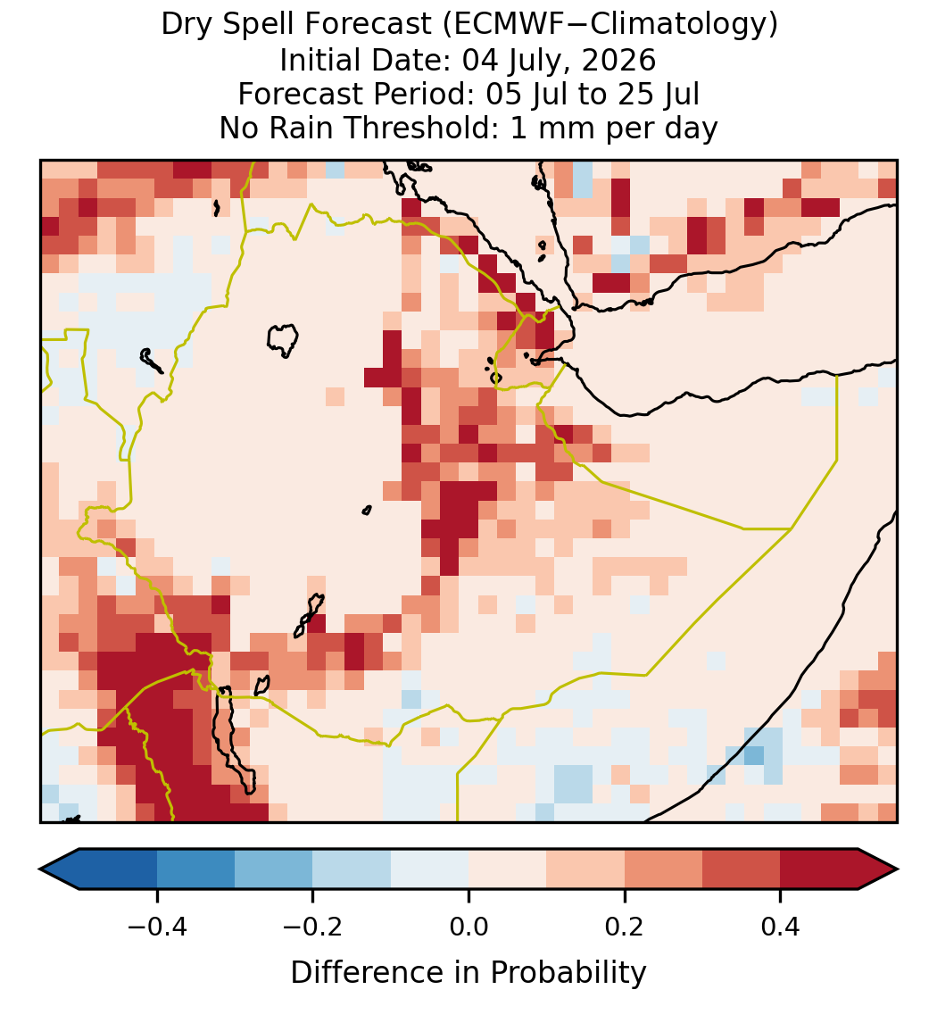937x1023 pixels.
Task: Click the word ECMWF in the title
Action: [x=495, y=25]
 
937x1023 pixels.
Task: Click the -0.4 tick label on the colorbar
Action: [x=156, y=927]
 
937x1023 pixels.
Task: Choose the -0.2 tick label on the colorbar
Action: [x=312, y=927]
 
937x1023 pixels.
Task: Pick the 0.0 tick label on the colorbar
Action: [x=468, y=927]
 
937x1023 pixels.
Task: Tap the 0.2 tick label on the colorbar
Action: [x=625, y=927]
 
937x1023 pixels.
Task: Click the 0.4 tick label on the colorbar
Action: [x=781, y=927]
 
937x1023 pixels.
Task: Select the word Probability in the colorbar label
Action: [x=568, y=973]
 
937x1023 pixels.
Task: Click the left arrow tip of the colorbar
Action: [x=40, y=869]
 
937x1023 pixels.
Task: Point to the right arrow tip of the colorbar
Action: [x=898, y=869]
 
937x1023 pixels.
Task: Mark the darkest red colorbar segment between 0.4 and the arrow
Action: [x=819, y=869]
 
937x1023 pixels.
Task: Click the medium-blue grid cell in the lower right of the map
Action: [x=754, y=755]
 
